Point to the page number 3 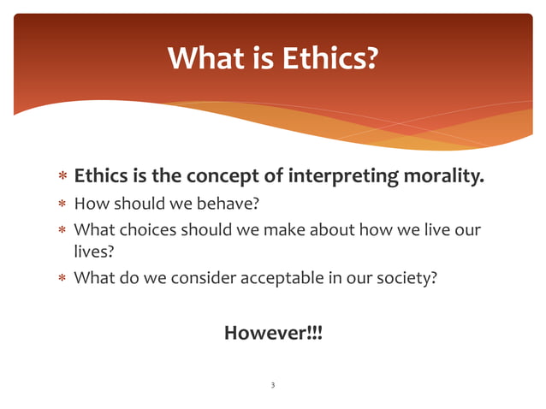point(272,386)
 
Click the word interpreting point(341,177)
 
